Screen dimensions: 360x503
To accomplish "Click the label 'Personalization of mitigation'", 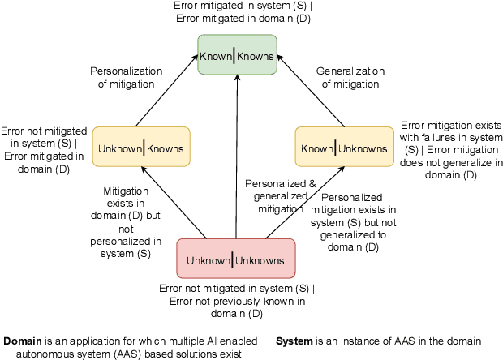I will point(122,77).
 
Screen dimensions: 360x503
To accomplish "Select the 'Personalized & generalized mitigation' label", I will point(281,195).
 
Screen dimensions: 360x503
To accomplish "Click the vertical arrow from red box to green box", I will point(237,162).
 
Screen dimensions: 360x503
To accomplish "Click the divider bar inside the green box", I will point(234,55).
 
